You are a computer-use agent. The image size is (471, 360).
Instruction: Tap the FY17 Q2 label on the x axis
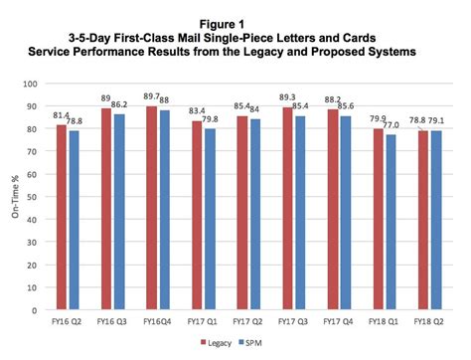243,320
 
